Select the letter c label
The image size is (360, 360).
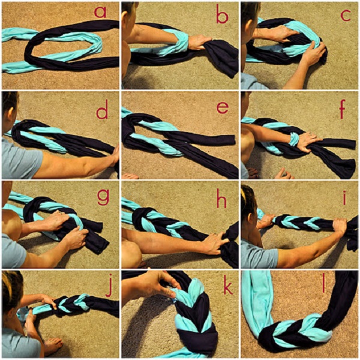pyautogui.click(x=346, y=16)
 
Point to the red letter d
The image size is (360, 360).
pyautogui.click(x=102, y=110)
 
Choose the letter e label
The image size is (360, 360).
pyautogui.click(x=223, y=107)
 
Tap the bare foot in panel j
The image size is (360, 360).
pyautogui.click(x=53, y=346)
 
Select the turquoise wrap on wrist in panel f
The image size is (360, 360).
pyautogui.click(x=293, y=139)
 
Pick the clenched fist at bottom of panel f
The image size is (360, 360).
pyautogui.click(x=284, y=174)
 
